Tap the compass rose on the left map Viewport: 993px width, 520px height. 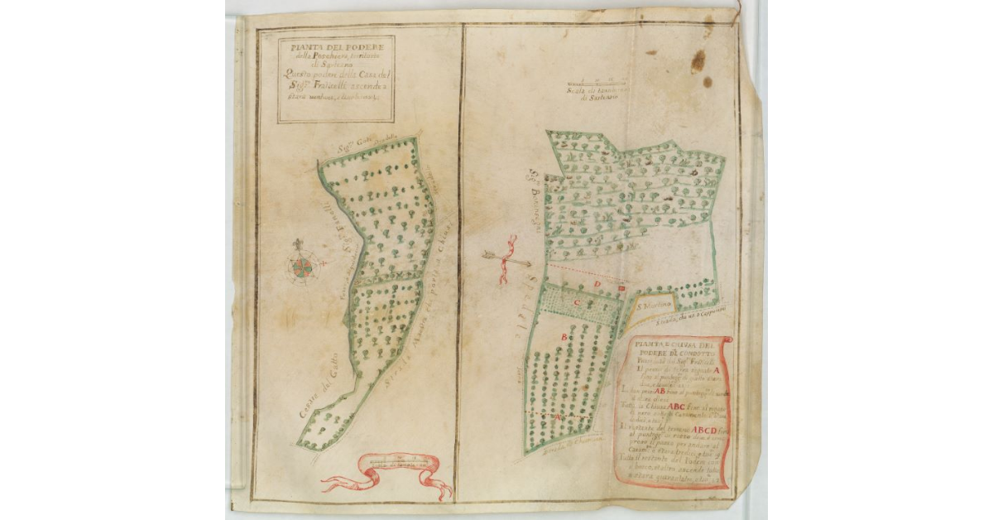302,266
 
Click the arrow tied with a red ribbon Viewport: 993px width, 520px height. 506,261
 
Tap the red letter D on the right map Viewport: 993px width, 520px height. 598,285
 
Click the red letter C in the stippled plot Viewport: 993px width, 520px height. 579,303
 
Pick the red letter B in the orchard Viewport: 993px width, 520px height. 565,337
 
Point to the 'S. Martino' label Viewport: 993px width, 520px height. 654,306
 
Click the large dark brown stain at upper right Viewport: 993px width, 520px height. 698,60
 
